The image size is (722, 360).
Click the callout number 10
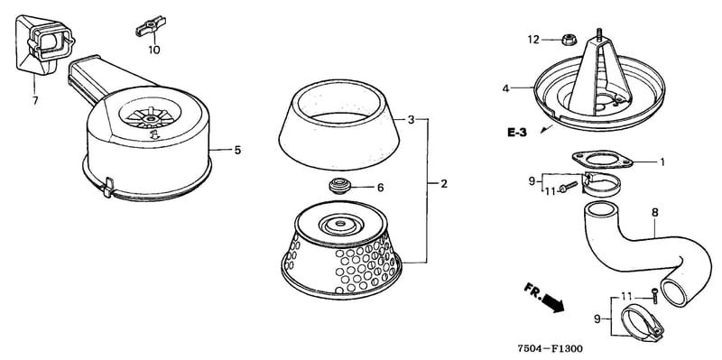(x=154, y=50)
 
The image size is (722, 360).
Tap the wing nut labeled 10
(x=151, y=26)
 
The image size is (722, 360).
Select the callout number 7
(x=35, y=100)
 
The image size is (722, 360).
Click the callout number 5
(x=237, y=150)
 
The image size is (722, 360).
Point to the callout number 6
(x=380, y=188)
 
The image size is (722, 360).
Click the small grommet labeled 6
(x=340, y=187)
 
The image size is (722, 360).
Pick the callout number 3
(x=412, y=120)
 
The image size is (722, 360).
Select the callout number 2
(x=443, y=184)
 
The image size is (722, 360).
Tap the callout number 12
(x=533, y=40)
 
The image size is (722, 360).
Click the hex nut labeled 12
(x=569, y=40)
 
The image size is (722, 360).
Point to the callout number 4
(x=506, y=88)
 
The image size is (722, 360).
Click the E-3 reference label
(x=516, y=132)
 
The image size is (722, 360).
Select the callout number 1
(x=662, y=162)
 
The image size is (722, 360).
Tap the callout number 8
(x=655, y=213)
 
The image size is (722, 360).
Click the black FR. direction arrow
(x=552, y=303)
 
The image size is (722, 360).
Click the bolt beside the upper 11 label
(x=569, y=187)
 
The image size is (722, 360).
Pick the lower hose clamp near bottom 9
(x=642, y=324)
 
